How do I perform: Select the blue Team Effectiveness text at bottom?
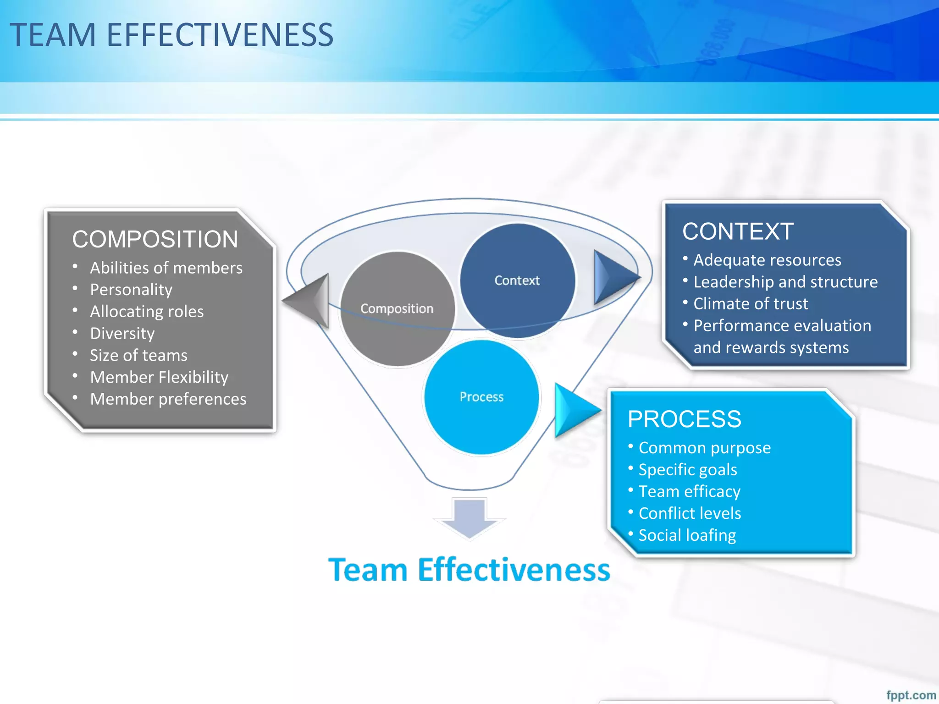[x=469, y=570]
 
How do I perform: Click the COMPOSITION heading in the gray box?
[x=155, y=239]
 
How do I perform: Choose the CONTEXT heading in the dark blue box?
[x=738, y=231]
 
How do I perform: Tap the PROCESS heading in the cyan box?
[x=684, y=419]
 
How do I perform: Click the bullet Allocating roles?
[x=147, y=312]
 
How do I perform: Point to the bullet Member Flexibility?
[x=159, y=377]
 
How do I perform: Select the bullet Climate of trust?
[x=751, y=304]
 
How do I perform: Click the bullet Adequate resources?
[x=767, y=260]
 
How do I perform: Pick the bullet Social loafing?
[x=687, y=535]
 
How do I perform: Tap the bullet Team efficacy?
[x=689, y=491]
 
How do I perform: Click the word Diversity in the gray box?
[x=122, y=333]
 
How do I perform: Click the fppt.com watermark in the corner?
[x=911, y=695]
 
